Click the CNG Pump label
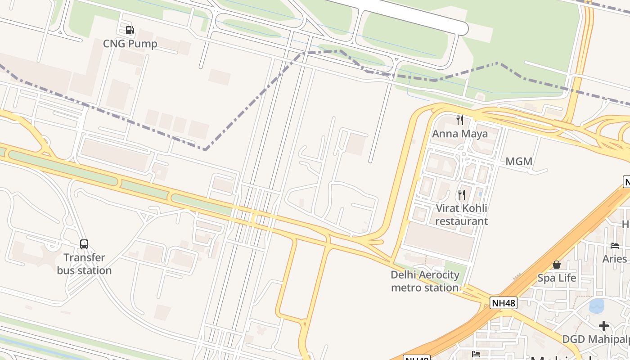click(130, 44)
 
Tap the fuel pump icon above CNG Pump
click(130, 30)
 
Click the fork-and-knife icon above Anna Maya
click(460, 120)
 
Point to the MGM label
click(519, 161)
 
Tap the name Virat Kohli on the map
click(461, 208)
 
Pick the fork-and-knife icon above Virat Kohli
click(462, 194)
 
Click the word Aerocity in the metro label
click(437, 275)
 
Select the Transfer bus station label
click(84, 264)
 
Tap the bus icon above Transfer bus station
click(84, 244)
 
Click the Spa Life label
click(557, 278)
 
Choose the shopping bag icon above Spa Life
click(557, 264)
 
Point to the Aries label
click(615, 259)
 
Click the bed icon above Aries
click(615, 245)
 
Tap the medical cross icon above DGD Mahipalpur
click(604, 325)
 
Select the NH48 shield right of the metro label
click(503, 303)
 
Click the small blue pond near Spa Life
click(597, 306)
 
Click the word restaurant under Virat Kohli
click(461, 221)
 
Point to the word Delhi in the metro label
click(403, 275)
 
